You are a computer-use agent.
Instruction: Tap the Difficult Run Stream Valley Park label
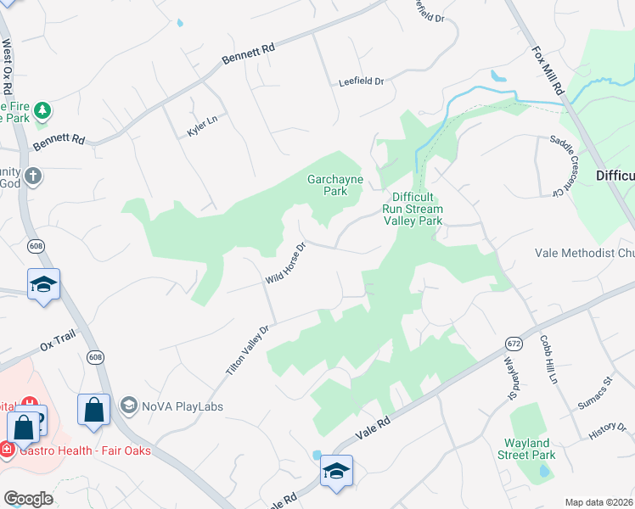pyautogui.click(x=413, y=209)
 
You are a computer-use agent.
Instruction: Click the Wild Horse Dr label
pyautogui.click(x=285, y=264)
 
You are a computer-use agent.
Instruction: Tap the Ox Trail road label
pyautogui.click(x=58, y=345)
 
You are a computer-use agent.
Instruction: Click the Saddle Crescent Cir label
pyautogui.click(x=559, y=165)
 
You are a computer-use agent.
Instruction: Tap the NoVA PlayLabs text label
pyautogui.click(x=180, y=406)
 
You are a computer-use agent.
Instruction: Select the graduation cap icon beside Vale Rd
pyautogui.click(x=336, y=472)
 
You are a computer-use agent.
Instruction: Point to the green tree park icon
pyautogui.click(x=41, y=111)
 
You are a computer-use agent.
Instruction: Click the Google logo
pyautogui.click(x=28, y=499)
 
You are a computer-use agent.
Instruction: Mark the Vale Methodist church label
pyautogui.click(x=585, y=253)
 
